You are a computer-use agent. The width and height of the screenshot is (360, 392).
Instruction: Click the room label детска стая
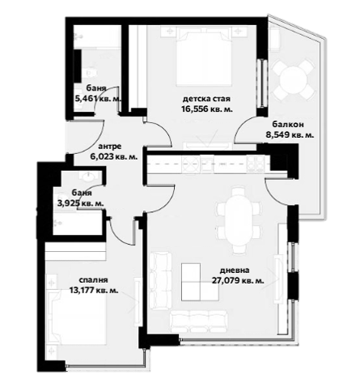pos(206,99)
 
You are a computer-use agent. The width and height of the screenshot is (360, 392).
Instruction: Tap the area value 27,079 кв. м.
pos(238,281)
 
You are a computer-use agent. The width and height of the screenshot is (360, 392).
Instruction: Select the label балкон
pos(288,125)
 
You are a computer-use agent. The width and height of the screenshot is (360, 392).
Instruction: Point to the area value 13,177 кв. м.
pos(94,291)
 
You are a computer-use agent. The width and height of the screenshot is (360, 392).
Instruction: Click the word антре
pos(110,147)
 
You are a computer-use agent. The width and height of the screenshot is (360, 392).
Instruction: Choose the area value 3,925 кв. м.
pos(81,203)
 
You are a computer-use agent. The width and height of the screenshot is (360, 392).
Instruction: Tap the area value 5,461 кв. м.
pos(98,99)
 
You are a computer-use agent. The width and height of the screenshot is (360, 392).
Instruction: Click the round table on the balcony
pos(294,79)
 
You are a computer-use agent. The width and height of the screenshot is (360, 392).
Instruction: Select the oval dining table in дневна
pos(239,219)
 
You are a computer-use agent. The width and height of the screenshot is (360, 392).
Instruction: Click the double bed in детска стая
pos(204,58)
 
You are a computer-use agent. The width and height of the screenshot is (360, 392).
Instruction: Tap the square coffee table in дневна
pos(200,282)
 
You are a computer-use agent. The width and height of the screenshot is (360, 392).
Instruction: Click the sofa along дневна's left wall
pos(160,281)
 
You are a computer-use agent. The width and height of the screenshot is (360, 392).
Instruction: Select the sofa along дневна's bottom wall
pos(199,322)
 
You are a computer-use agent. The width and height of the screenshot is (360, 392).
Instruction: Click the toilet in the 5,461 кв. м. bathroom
pos(90,72)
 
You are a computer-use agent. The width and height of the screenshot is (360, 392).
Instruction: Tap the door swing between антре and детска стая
pos(165,130)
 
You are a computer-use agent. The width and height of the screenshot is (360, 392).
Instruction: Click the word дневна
pos(235,271)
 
